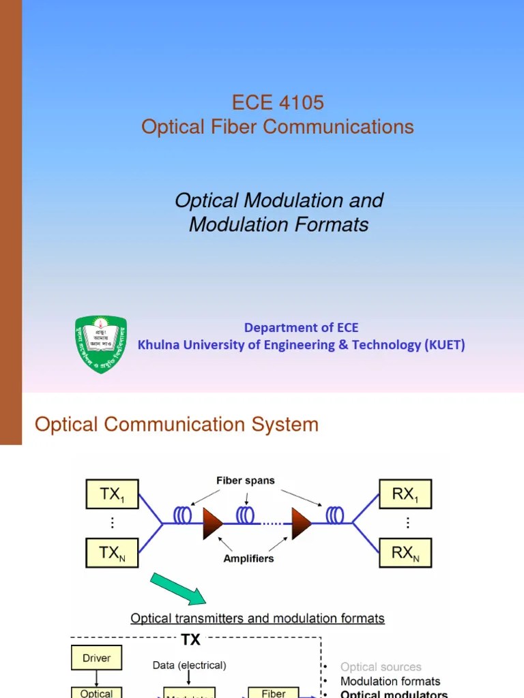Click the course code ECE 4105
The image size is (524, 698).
(278, 103)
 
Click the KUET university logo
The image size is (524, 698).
(100, 344)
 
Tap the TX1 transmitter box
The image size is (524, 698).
(111, 495)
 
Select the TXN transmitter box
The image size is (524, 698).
(111, 553)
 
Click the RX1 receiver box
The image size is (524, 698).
(406, 495)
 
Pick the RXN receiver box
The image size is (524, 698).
(406, 553)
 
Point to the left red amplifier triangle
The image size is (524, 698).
(213, 523)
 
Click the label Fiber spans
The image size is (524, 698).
(246, 481)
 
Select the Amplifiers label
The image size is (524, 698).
(248, 558)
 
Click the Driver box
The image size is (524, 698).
(96, 658)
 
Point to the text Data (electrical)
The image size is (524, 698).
(190, 665)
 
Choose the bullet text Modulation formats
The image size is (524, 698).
(390, 681)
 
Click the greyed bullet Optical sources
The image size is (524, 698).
(381, 667)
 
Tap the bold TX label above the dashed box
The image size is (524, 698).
(190, 640)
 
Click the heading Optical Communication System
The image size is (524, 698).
(177, 425)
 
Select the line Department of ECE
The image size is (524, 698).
(301, 328)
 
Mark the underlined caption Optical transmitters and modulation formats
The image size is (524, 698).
(257, 619)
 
